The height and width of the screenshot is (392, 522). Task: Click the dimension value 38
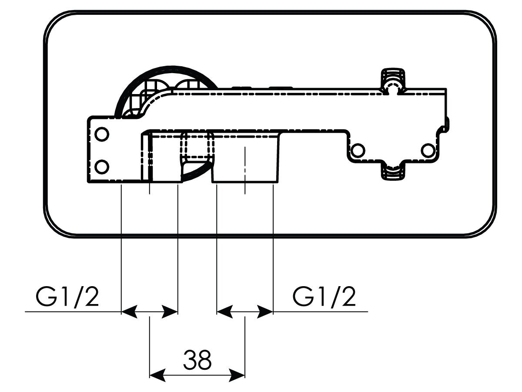(197, 360)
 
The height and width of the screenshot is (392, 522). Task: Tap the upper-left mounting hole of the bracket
(102, 134)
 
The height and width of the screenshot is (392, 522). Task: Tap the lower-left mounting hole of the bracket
(102, 167)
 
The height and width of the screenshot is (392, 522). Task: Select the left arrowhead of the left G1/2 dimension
(129, 311)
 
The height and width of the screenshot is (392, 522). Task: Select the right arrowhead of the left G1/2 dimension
(170, 311)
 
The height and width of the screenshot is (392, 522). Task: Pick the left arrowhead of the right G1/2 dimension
(225, 311)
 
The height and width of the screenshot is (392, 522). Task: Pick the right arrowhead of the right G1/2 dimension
(265, 311)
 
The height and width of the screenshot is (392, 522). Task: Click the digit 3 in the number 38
(190, 360)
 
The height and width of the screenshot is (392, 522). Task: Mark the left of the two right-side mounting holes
(358, 150)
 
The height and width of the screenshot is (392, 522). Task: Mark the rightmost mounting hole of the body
(428, 150)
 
